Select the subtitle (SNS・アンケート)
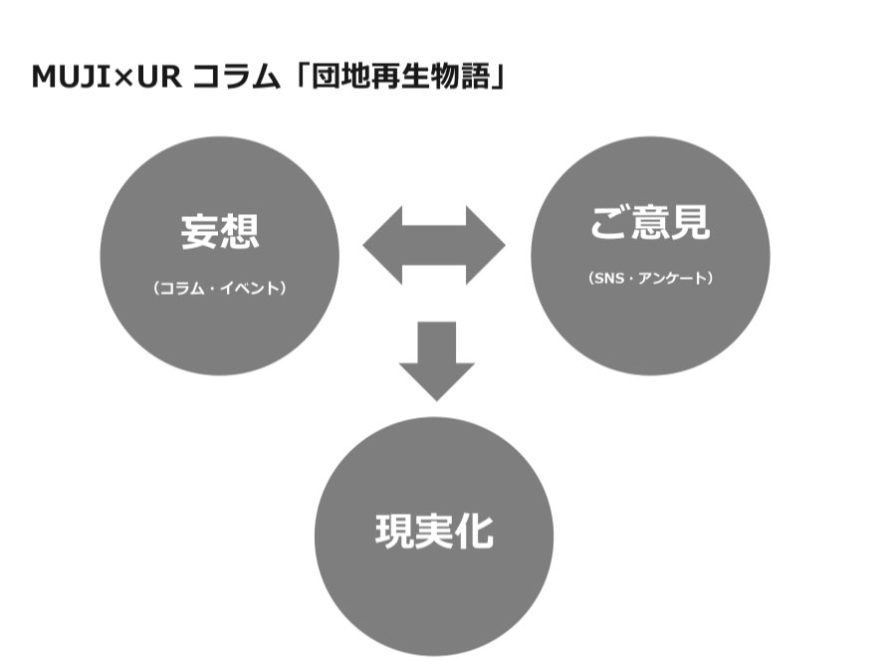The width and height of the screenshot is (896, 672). pos(650,279)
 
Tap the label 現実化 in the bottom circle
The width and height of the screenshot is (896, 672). pos(434,532)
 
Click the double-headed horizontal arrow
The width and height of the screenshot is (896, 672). pos(434,245)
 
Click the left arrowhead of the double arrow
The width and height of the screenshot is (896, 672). pos(380,245)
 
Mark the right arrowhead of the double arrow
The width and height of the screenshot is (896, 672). pos(487,245)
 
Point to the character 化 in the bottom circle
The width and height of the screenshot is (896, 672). pos(475,532)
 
